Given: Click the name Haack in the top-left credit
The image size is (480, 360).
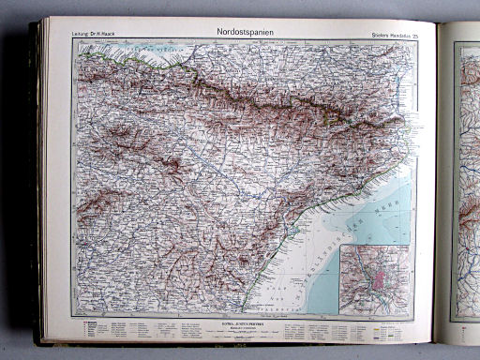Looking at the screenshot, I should [105, 37].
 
